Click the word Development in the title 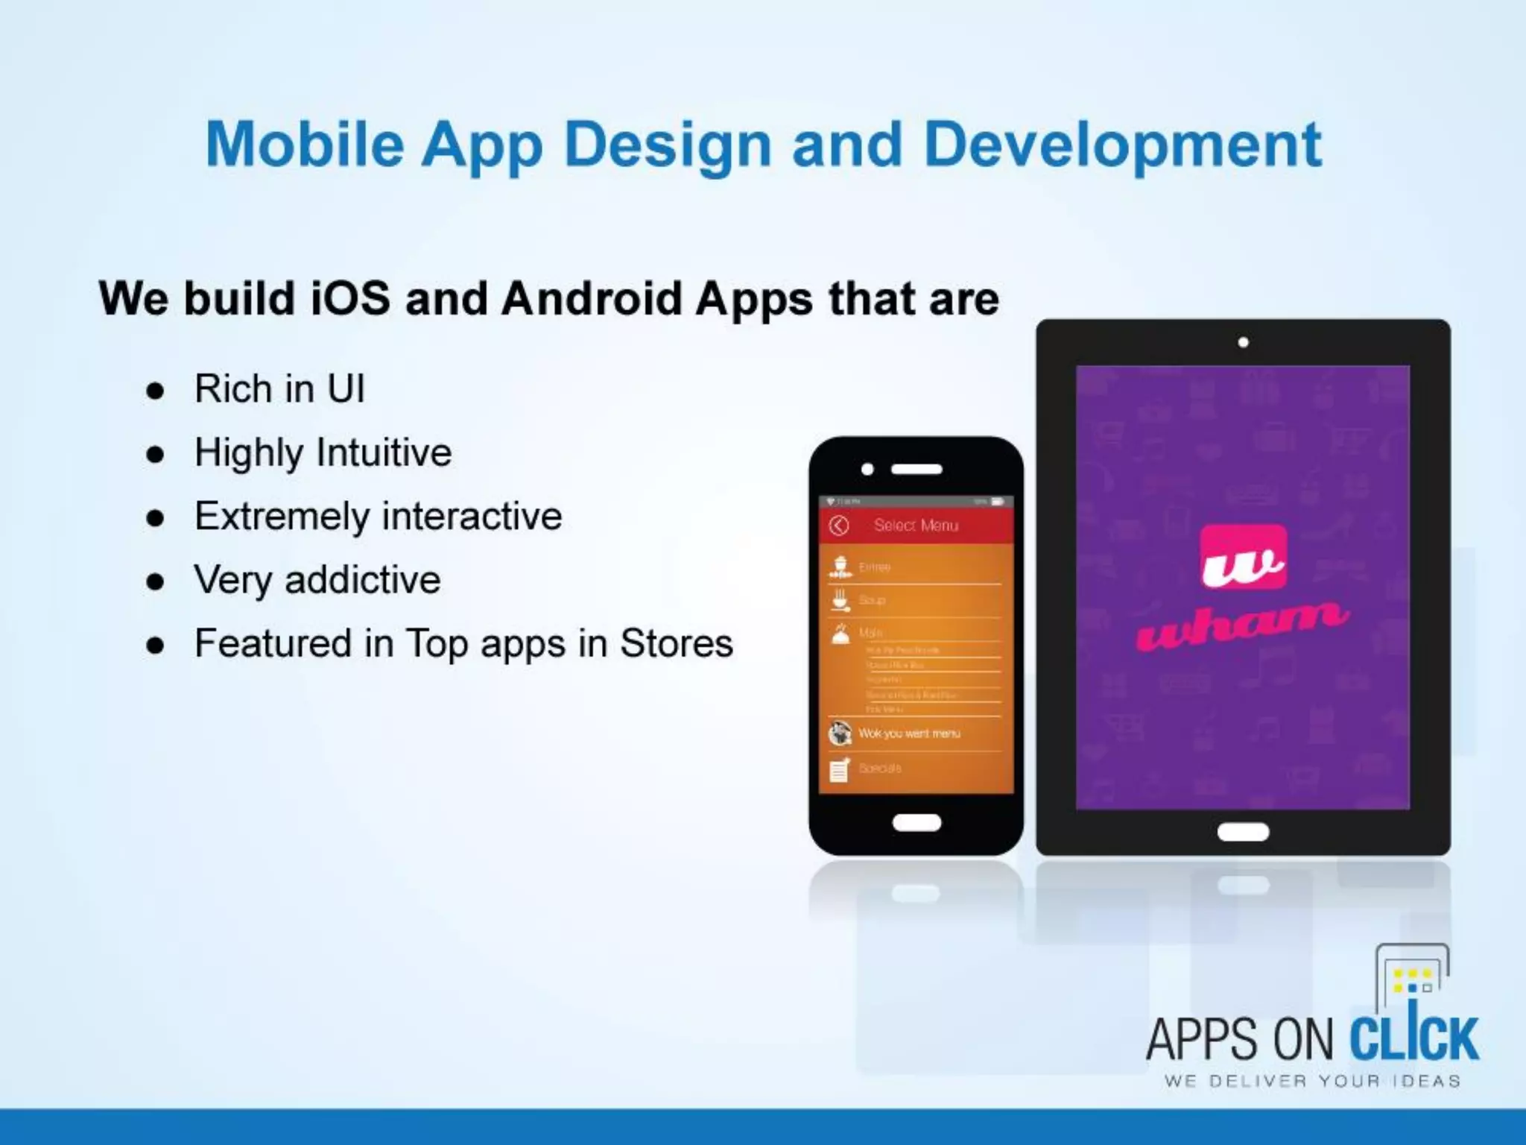(1122, 145)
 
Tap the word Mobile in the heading (305, 145)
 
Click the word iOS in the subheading (350, 299)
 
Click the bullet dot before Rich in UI (155, 391)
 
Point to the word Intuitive (384, 452)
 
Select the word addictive (362, 580)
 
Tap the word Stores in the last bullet (676, 643)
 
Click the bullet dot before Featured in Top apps (155, 646)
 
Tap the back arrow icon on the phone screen (839, 526)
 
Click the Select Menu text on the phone (916, 526)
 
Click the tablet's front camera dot (1243, 343)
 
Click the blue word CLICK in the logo (1413, 1038)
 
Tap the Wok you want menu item (909, 734)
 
